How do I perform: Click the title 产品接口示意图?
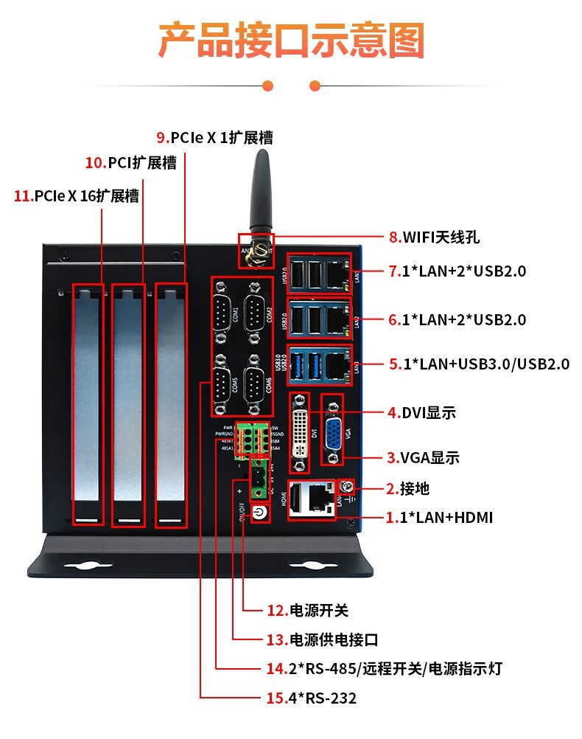click(x=291, y=41)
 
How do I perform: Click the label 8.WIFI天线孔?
click(x=434, y=237)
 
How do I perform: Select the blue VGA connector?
click(x=333, y=431)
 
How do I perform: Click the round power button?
click(x=259, y=513)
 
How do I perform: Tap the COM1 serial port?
click(x=224, y=311)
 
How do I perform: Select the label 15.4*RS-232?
click(x=311, y=698)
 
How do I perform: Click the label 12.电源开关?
click(x=307, y=611)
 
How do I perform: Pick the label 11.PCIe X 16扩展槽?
click(x=77, y=196)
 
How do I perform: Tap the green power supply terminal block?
click(x=259, y=480)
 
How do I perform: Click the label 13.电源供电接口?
click(x=322, y=639)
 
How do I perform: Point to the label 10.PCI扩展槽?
click(x=131, y=163)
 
